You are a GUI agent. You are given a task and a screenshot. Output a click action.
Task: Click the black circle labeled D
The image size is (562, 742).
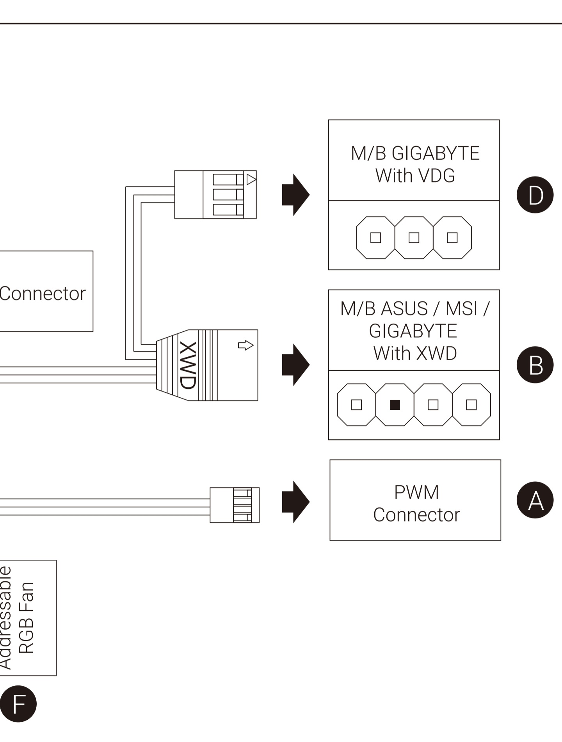point(535,195)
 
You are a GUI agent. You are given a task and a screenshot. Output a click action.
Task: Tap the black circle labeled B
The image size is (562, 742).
point(535,365)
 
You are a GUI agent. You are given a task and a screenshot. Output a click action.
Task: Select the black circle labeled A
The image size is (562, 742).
point(535,500)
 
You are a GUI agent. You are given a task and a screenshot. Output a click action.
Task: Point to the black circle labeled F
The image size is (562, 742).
point(18,704)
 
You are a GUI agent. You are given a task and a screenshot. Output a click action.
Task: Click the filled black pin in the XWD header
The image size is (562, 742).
point(395,405)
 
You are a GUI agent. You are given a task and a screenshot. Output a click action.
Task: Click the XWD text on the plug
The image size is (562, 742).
point(188,365)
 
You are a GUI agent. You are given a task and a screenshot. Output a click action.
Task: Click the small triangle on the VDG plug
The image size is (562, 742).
point(251,180)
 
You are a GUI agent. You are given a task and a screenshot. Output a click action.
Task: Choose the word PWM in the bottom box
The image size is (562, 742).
point(416,492)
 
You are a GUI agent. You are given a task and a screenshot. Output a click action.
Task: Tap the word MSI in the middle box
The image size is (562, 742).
point(461,309)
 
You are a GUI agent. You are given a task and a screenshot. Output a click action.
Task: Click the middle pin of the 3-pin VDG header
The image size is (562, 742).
point(414,238)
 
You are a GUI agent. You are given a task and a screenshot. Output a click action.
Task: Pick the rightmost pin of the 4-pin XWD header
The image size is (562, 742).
point(471,405)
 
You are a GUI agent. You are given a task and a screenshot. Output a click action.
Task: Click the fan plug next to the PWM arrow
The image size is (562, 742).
point(235,505)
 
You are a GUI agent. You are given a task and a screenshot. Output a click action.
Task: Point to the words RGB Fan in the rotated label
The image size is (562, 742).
point(27,617)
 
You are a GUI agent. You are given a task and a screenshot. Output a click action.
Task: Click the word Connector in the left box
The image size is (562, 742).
point(43,294)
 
